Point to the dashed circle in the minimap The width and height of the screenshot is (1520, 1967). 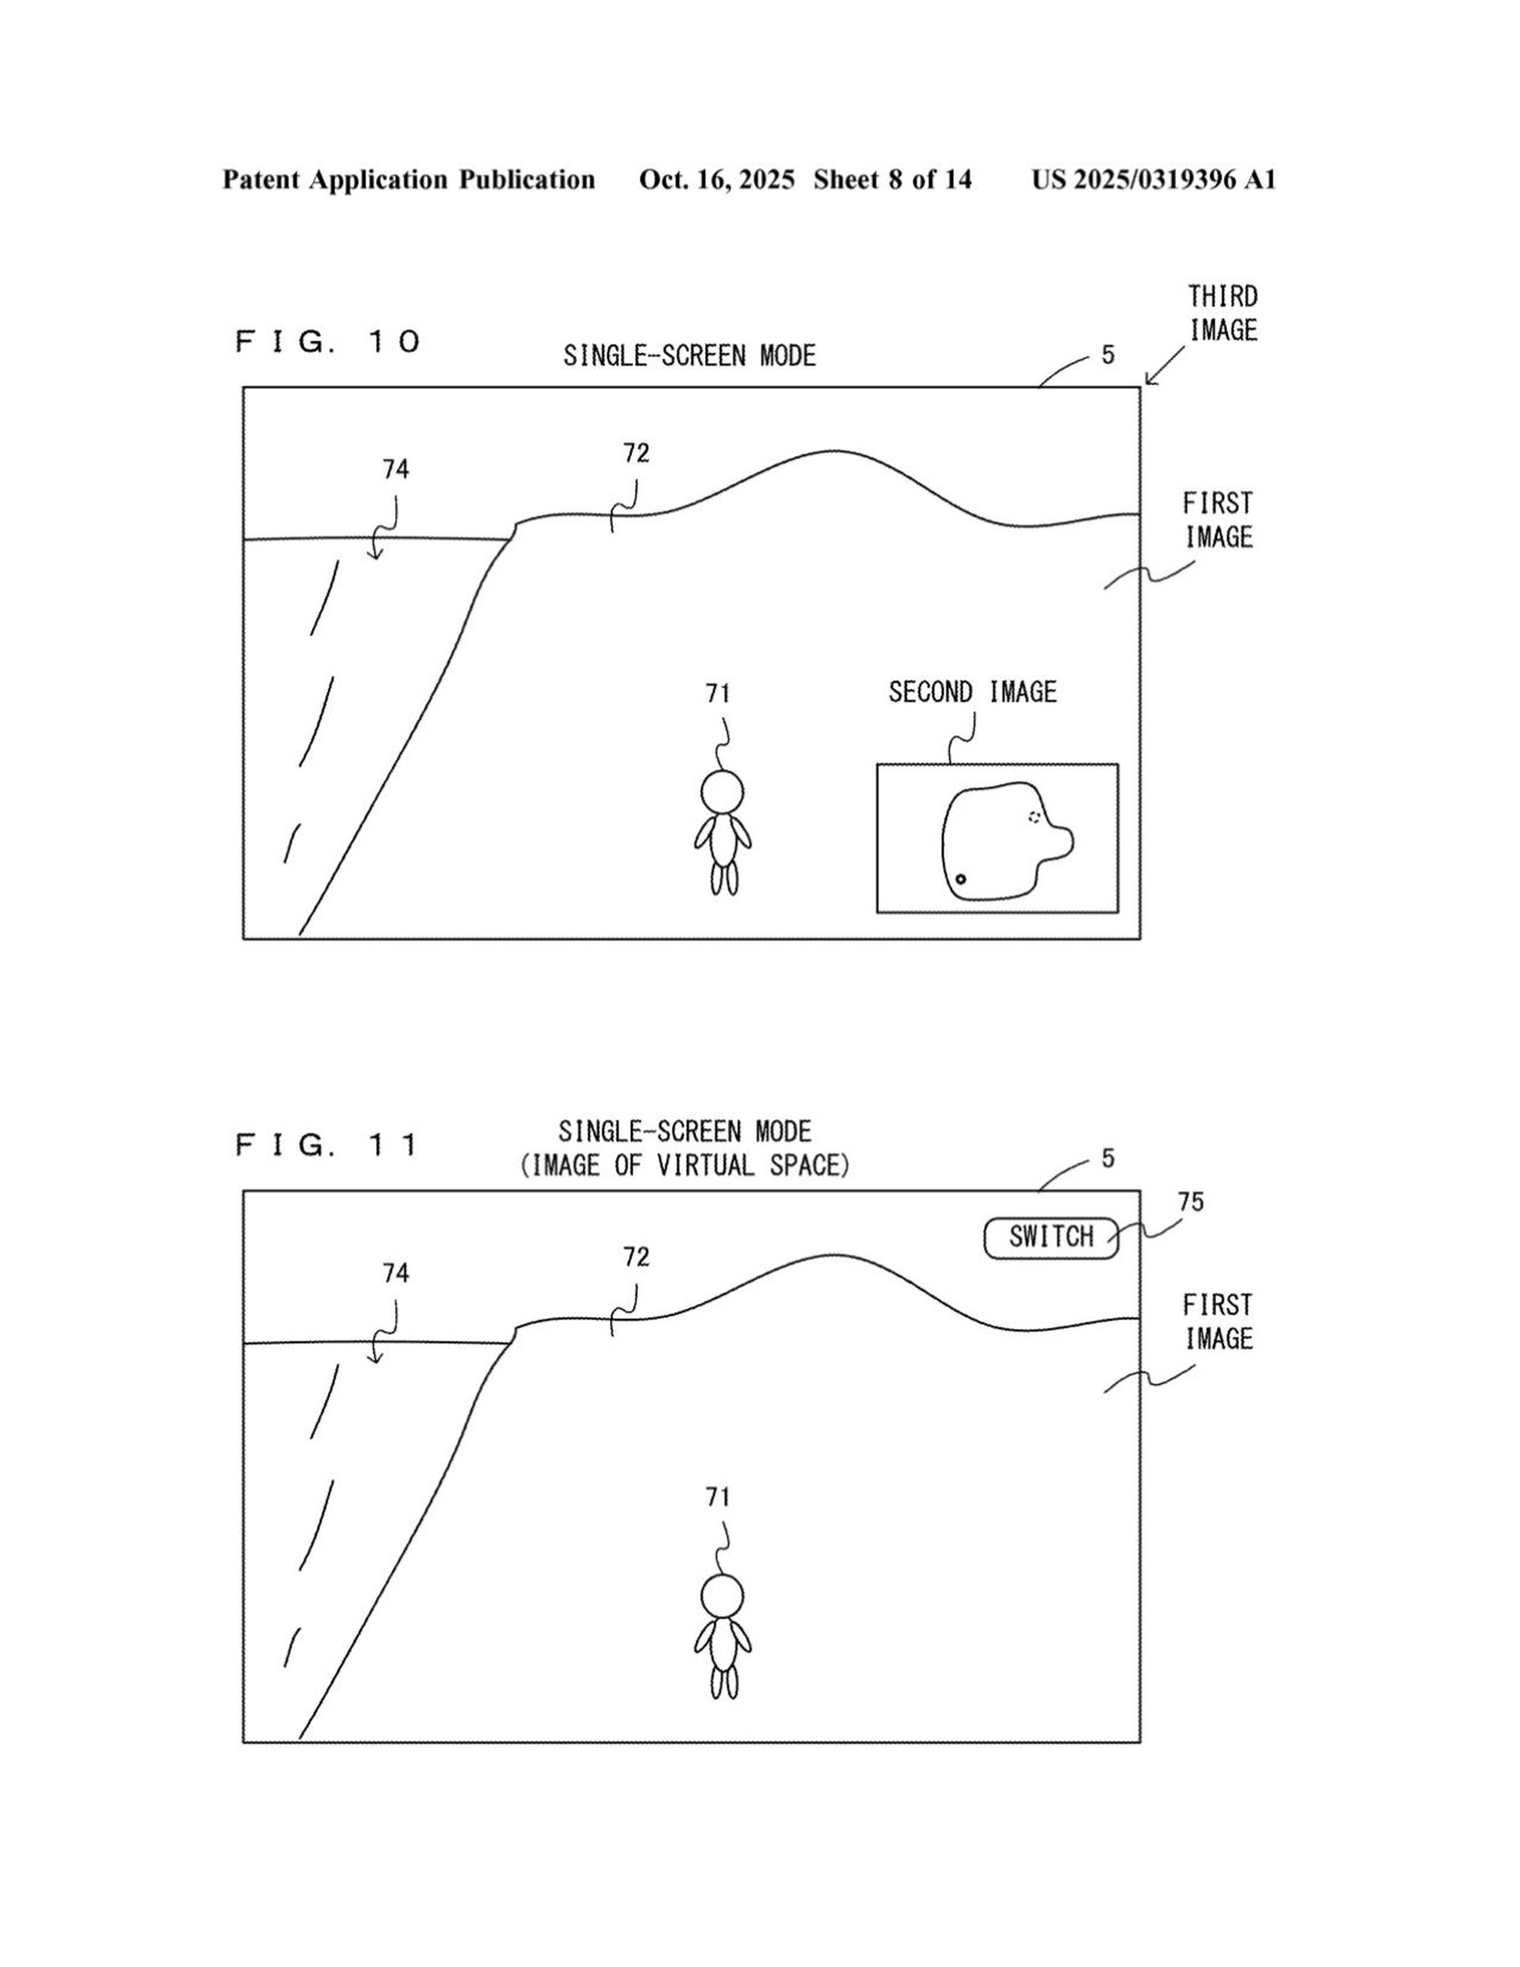(1034, 817)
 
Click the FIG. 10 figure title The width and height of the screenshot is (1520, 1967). (328, 341)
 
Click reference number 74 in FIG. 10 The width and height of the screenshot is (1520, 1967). (395, 469)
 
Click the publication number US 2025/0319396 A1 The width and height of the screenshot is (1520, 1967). (1153, 180)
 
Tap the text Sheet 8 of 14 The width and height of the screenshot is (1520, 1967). (892, 180)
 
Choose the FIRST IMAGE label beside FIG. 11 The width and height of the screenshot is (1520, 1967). (1218, 1321)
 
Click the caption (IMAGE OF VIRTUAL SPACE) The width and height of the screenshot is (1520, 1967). (684, 1165)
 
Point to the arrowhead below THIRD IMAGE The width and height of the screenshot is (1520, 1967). (1148, 383)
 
